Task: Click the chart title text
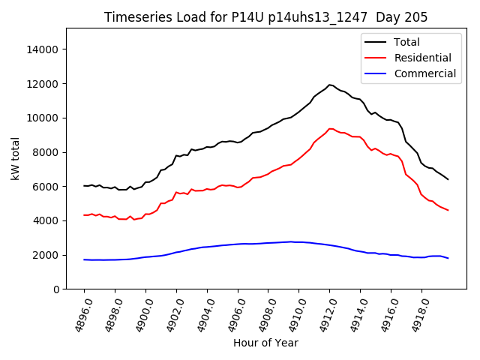(x=265, y=17)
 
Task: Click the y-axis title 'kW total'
(x=16, y=158)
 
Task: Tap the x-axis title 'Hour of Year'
(x=265, y=343)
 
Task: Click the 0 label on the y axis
(x=55, y=289)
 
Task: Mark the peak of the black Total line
(x=329, y=85)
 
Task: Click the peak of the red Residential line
(x=330, y=128)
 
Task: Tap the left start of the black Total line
(x=84, y=185)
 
